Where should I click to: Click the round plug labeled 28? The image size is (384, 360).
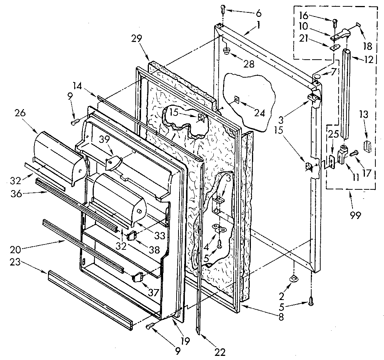(x=226, y=51)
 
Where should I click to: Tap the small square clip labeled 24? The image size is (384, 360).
(x=237, y=100)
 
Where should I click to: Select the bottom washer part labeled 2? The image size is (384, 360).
(x=294, y=278)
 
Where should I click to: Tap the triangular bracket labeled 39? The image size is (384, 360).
(x=113, y=163)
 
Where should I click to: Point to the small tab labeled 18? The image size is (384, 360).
(x=358, y=25)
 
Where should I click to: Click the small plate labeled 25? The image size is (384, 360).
(x=332, y=160)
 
